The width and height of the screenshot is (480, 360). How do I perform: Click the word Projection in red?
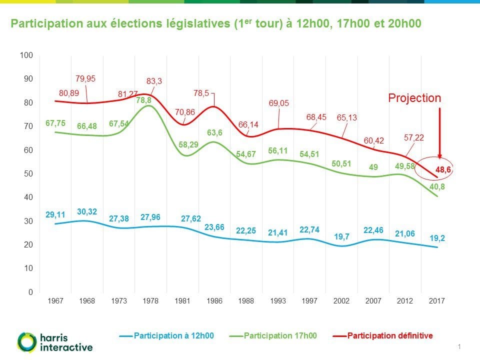414,98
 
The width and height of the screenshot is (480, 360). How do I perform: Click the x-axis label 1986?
214,301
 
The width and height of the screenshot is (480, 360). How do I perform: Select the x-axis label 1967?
55,301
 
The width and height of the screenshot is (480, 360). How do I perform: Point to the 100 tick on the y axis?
26,55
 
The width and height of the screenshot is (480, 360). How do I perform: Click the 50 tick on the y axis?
28,173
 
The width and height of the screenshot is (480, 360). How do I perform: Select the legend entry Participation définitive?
389,335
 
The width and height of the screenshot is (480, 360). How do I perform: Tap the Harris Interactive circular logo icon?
26,341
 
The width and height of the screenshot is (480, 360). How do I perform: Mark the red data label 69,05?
279,103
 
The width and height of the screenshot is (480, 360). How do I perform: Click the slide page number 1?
459,346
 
